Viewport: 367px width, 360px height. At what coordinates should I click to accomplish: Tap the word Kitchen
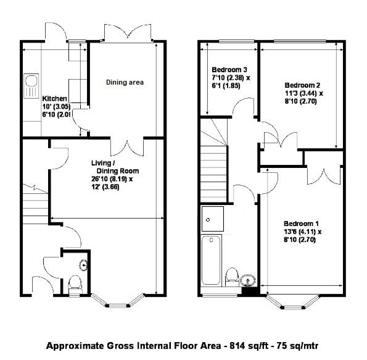[x=55, y=99]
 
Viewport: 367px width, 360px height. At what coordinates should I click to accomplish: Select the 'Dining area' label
[x=125, y=82]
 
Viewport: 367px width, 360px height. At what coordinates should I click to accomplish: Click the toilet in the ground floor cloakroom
[x=74, y=283]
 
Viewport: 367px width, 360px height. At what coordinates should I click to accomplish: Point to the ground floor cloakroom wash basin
[x=83, y=264]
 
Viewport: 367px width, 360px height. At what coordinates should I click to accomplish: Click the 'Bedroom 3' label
[x=229, y=70]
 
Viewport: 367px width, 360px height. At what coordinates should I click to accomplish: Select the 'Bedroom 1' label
[x=302, y=223]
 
